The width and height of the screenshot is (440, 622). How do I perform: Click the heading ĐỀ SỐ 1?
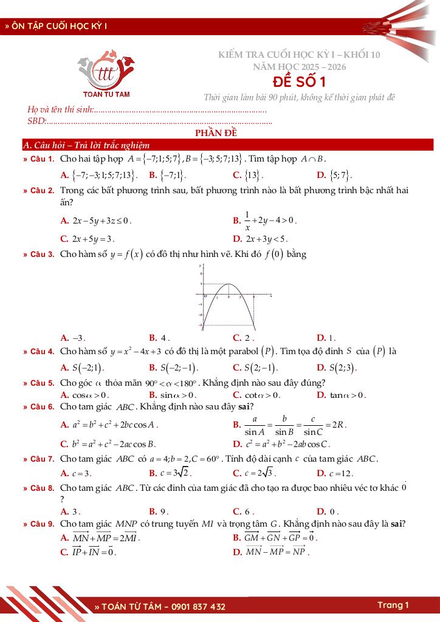[x=299, y=81]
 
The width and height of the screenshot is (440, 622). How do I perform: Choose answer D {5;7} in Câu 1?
[x=335, y=175]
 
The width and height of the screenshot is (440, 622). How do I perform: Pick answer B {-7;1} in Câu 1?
[x=167, y=175]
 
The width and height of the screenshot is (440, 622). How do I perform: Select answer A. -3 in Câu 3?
[x=73, y=338]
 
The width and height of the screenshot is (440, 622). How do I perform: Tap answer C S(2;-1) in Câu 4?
[x=255, y=367]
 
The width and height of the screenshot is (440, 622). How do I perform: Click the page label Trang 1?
[x=393, y=605]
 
